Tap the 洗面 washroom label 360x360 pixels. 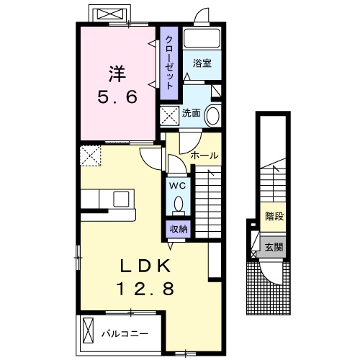191,113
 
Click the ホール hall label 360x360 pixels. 204,156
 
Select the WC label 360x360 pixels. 178,185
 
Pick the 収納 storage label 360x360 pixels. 178,229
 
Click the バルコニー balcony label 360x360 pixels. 124,334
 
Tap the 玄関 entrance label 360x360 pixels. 274,248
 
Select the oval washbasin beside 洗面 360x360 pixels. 213,115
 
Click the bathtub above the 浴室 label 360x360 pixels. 202,40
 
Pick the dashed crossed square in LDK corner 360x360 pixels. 91,154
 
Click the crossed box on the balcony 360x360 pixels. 87,331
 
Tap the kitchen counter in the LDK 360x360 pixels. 108,205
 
